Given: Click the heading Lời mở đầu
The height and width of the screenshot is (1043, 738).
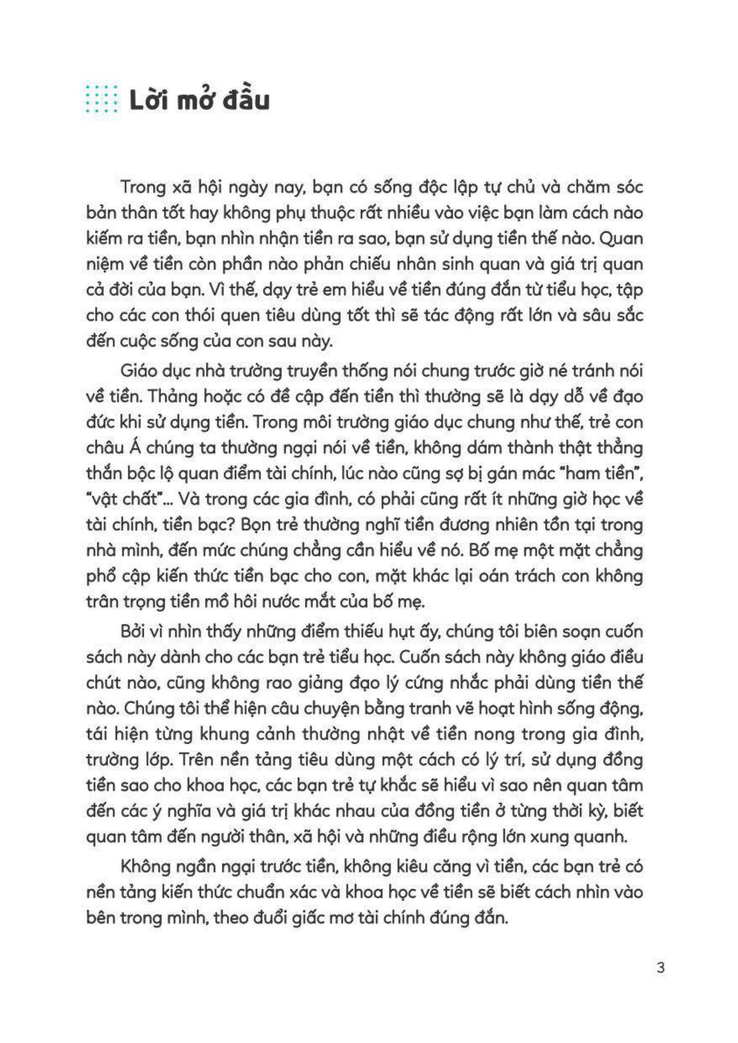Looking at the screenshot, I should point(199,101).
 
